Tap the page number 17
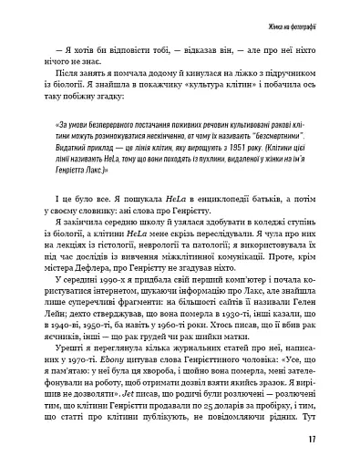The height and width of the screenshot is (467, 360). pos(312,441)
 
